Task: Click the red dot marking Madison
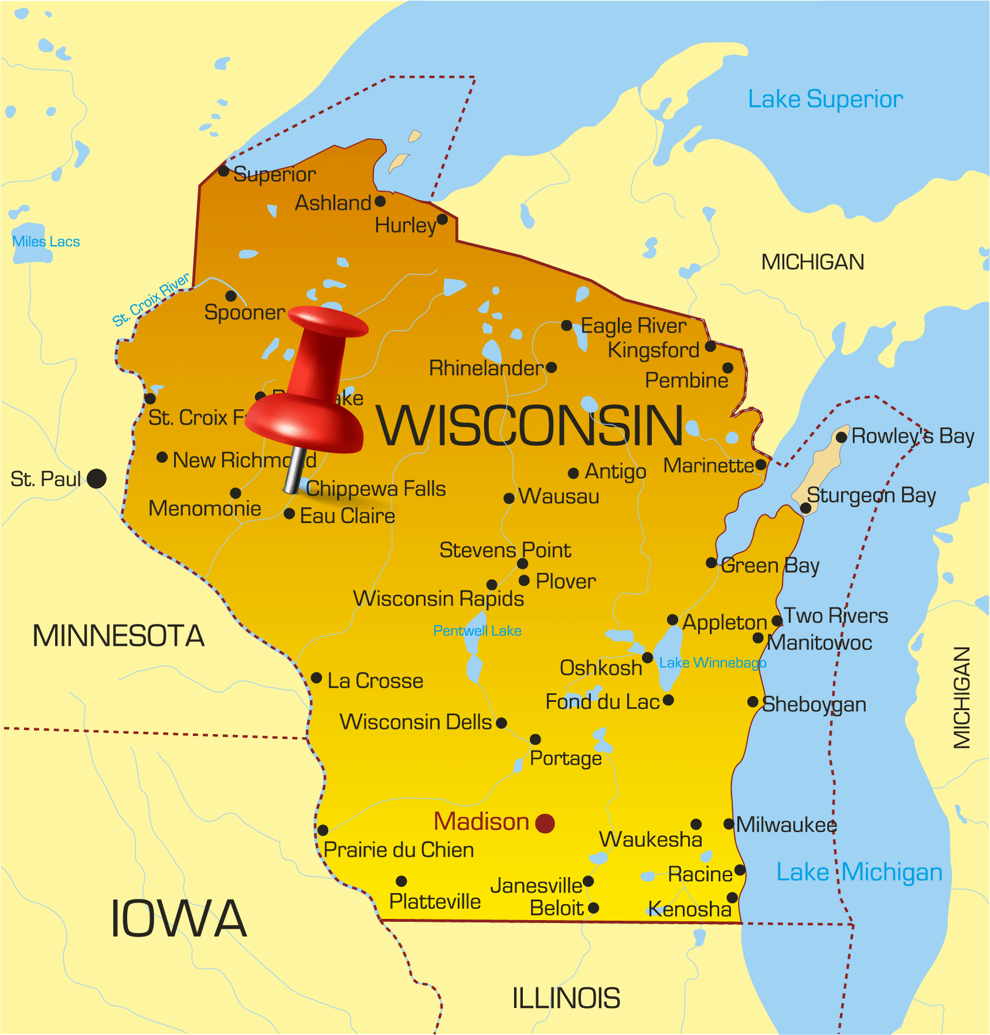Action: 545,823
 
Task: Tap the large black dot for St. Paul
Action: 97,479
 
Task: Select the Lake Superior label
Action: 825,99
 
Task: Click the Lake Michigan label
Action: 859,872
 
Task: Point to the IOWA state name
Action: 178,918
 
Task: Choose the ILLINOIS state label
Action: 566,998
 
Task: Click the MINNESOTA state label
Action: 118,636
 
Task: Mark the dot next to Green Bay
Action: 711,563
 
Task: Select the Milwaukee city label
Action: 787,824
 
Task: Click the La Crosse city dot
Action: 317,678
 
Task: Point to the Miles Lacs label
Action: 46,242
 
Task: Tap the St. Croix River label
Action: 151,299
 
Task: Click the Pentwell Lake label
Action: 477,630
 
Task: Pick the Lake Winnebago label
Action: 713,663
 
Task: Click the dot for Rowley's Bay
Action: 841,437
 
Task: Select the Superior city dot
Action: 223,171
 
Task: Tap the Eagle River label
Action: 634,325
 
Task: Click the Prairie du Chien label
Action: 399,850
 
